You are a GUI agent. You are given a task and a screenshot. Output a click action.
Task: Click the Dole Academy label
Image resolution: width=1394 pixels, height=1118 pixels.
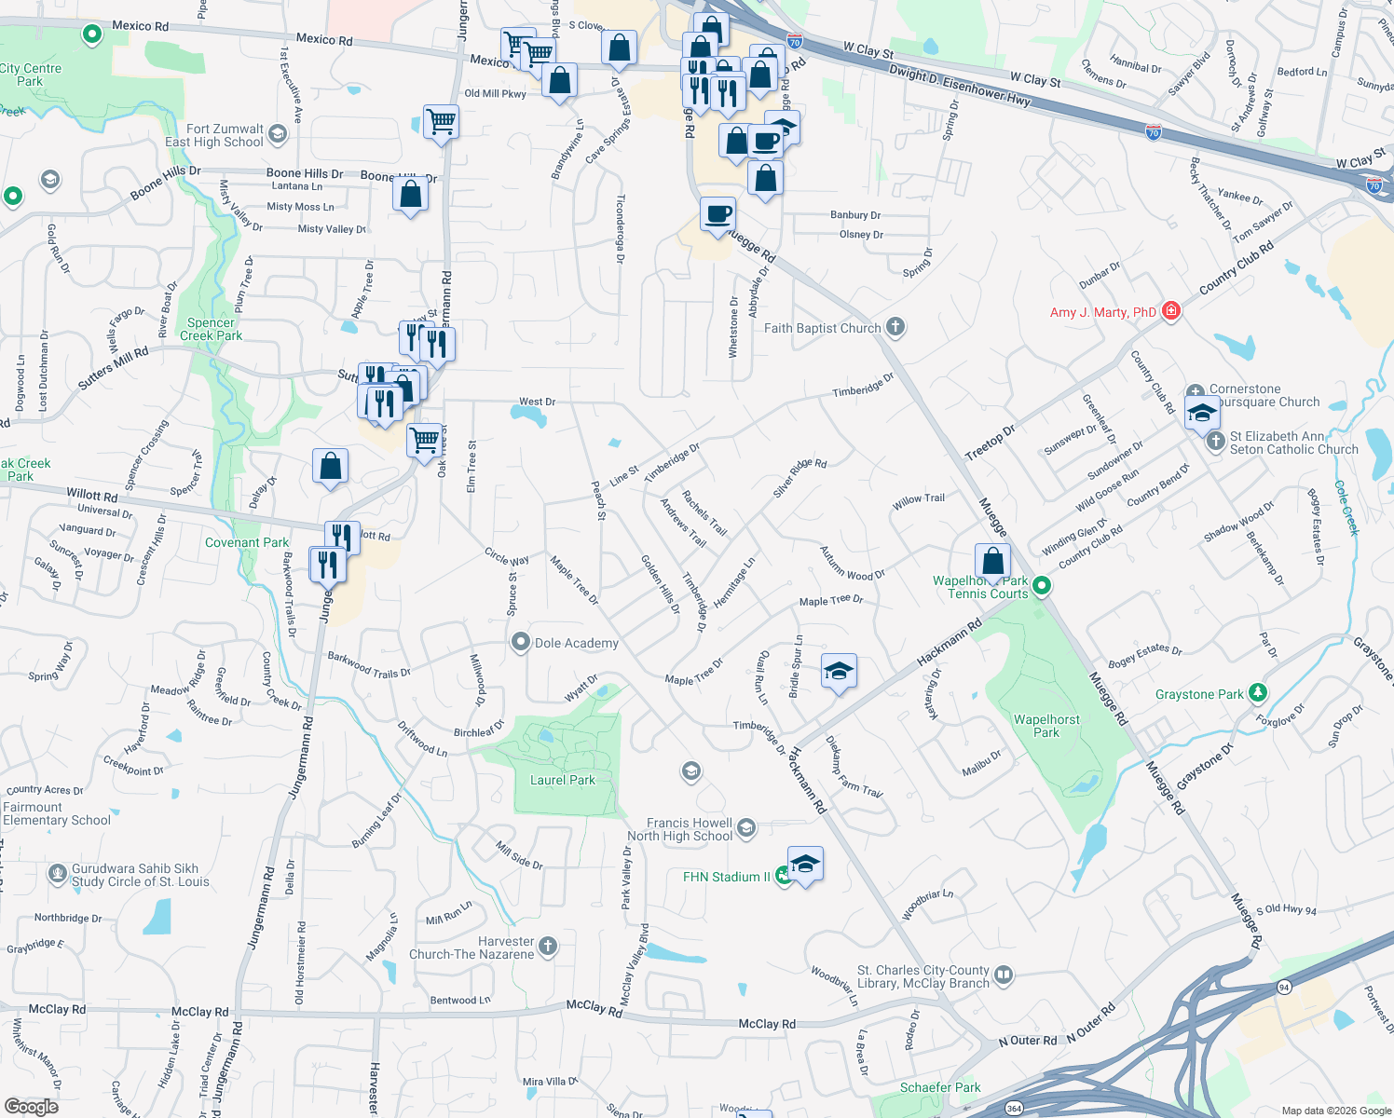(576, 643)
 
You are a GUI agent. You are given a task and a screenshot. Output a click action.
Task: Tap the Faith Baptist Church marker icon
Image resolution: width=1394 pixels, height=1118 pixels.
(895, 327)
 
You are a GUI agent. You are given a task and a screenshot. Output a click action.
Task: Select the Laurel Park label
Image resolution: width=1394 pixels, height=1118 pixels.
(562, 780)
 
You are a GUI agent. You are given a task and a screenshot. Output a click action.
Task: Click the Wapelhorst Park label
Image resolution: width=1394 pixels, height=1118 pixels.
(1046, 726)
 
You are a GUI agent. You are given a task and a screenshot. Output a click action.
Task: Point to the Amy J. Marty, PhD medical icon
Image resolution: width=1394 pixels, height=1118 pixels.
(1171, 312)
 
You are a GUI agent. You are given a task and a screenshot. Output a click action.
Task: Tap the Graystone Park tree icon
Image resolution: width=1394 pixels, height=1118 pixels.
(1258, 692)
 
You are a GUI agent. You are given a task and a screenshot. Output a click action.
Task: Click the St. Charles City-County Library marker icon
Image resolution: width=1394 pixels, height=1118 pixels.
(1004, 975)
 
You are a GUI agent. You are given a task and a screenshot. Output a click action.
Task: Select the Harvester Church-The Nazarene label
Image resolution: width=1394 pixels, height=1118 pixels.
(471, 948)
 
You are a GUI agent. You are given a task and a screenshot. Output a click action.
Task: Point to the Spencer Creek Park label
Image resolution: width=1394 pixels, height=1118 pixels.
(211, 329)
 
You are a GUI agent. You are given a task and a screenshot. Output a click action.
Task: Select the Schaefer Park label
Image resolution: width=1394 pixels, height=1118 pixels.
(940, 1087)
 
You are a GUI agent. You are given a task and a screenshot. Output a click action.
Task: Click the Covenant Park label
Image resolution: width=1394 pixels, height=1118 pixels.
(247, 542)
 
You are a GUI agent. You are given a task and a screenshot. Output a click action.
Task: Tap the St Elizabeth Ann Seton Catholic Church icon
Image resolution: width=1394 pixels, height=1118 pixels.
(1215, 442)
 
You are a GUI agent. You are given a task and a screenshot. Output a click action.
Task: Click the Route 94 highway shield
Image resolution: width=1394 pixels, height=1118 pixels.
(1284, 987)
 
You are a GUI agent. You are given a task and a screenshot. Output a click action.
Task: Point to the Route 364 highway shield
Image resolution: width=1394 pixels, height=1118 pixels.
(1014, 1108)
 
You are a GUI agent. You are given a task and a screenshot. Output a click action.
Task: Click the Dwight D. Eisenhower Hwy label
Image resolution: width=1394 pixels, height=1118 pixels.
(960, 83)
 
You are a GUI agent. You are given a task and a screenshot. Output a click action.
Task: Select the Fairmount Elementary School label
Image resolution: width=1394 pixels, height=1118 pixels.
(57, 813)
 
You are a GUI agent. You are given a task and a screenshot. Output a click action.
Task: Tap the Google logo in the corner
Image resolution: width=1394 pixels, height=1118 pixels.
(32, 1106)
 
